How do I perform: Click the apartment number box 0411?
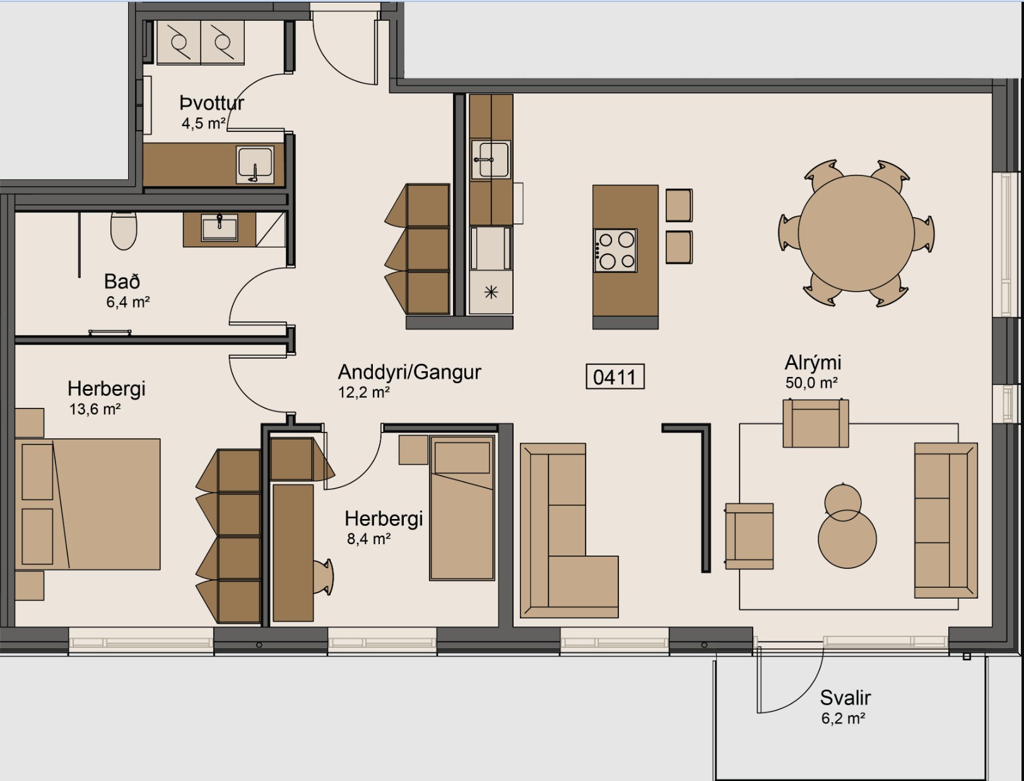point(615,377)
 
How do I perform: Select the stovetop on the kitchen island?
point(615,251)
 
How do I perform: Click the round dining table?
point(856,233)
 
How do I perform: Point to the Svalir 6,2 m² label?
point(845,706)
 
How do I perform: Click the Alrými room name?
point(813,363)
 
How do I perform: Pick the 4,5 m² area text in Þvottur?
point(203,124)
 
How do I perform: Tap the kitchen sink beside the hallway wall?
point(491,159)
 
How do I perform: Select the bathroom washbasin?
point(220,227)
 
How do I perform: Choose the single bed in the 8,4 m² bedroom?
point(462,508)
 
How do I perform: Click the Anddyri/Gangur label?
point(409,372)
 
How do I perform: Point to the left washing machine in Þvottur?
point(179,42)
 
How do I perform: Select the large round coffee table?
point(847,539)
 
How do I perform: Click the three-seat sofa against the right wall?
point(945,520)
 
